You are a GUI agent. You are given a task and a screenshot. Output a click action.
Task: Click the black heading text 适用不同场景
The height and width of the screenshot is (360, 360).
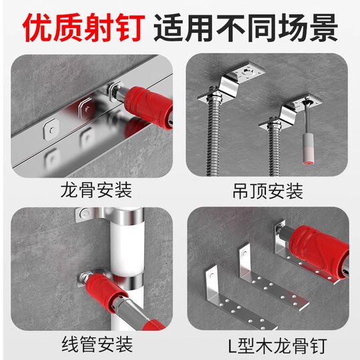point(246,27)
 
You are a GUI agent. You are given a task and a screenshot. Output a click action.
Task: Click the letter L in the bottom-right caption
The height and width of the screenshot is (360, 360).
point(227,344)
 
